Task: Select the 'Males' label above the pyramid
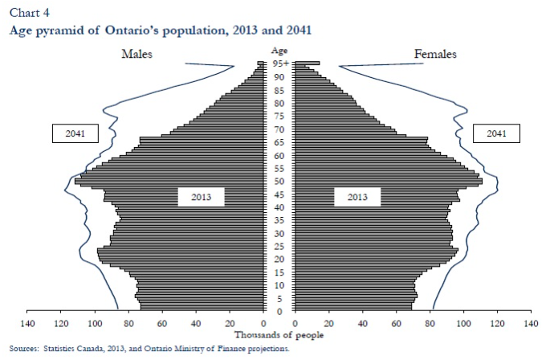(136, 54)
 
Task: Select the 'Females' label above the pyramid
(435, 54)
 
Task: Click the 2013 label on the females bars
(357, 196)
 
